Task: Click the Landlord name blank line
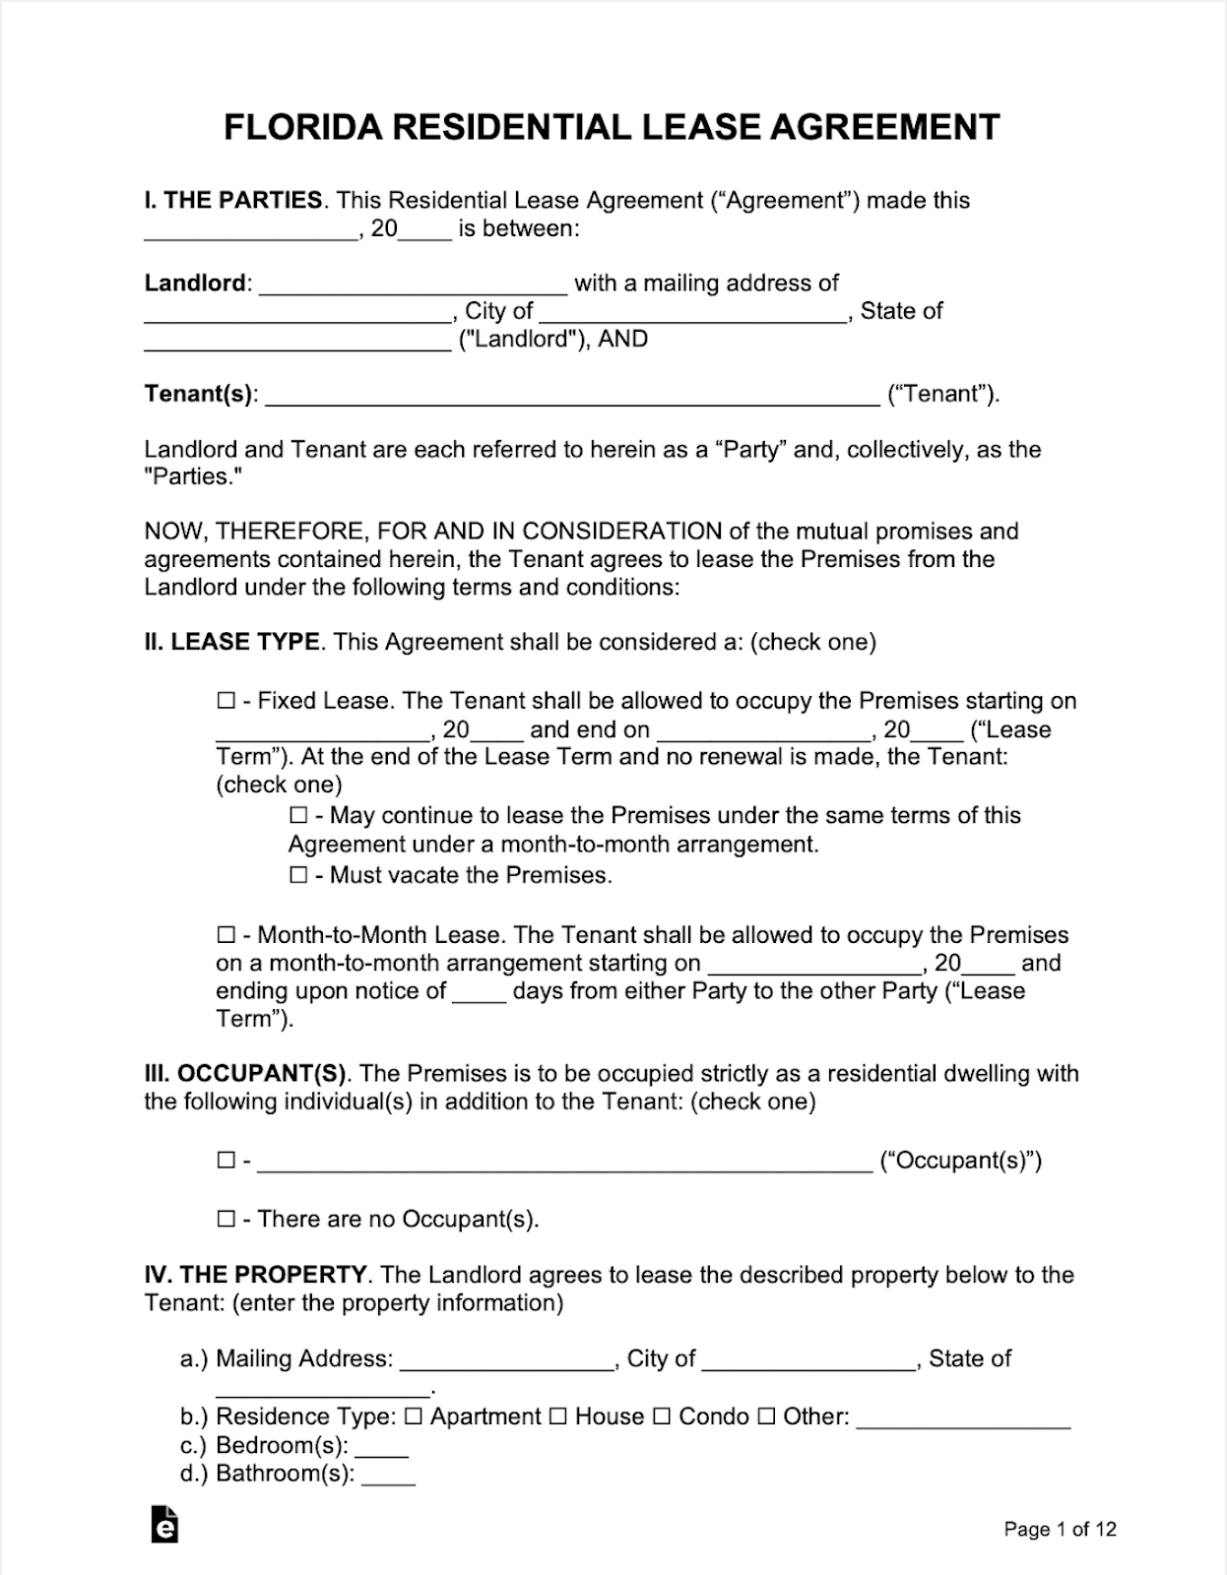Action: click(x=414, y=285)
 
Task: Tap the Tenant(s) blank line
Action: click(x=571, y=396)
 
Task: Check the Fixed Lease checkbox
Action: click(x=226, y=701)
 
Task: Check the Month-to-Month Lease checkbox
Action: click(x=226, y=935)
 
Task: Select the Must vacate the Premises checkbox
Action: click(x=298, y=875)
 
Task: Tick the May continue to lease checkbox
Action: click(x=298, y=815)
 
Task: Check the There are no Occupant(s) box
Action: click(x=226, y=1219)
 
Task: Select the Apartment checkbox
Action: click(x=414, y=1417)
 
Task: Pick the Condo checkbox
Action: click(x=662, y=1417)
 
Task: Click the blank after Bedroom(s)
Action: click(x=381, y=1447)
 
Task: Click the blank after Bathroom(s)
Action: click(x=388, y=1476)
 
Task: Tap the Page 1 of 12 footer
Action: click(x=1060, y=1529)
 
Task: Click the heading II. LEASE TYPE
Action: click(x=231, y=642)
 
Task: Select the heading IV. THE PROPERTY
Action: click(x=256, y=1275)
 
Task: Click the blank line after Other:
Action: click(x=963, y=1418)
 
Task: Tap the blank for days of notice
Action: click(x=479, y=992)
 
